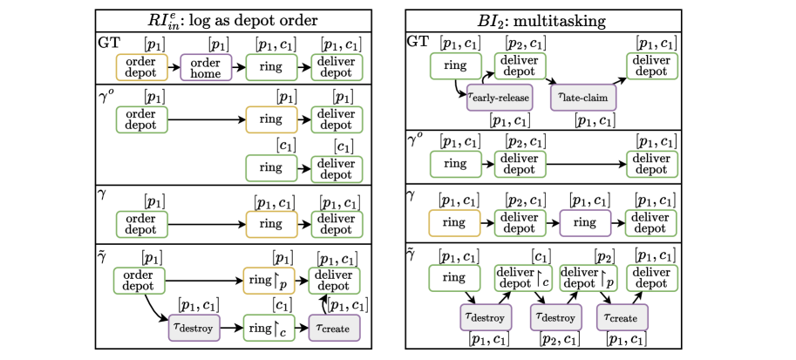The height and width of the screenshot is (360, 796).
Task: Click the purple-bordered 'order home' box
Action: pos(207,67)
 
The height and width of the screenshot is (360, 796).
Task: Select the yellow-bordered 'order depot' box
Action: pos(141,67)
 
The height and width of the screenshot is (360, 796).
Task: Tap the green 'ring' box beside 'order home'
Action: pos(271,67)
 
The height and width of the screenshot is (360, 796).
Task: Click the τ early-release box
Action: pos(499,98)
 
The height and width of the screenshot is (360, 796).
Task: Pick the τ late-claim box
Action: pos(582,98)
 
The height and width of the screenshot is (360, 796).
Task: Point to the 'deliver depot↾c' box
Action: pos(523,278)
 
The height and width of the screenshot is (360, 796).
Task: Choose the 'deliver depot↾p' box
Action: pos(588,278)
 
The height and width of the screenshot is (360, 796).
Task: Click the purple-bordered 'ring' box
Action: pos(585,222)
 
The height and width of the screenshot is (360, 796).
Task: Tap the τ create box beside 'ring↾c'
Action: pos(334,328)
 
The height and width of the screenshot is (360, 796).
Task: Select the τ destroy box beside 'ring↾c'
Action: pos(194,328)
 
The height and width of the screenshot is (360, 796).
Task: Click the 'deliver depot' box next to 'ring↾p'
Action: pos(334,280)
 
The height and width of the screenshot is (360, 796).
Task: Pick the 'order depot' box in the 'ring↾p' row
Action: pos(139,280)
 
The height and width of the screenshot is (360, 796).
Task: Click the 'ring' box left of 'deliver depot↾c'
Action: pos(454,278)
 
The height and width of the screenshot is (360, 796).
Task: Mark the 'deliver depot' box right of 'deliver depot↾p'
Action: pos(652,278)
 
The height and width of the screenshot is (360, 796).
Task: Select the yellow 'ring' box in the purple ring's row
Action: pos(454,222)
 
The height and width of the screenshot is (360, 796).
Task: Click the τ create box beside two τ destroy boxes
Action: pos(622,317)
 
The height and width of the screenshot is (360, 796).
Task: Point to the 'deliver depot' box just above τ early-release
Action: pos(520,66)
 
